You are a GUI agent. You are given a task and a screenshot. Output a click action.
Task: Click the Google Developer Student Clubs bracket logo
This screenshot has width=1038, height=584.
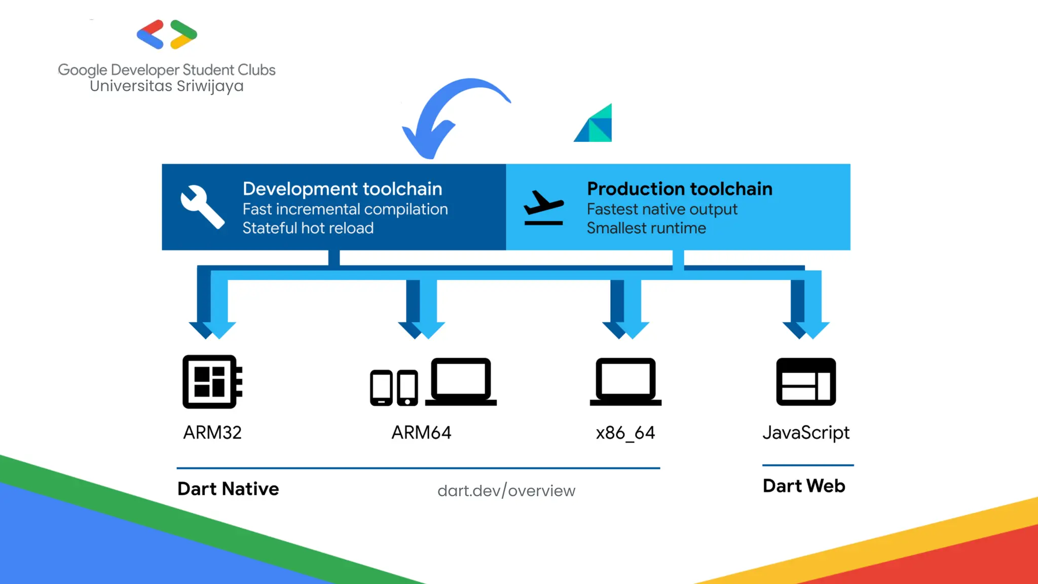167,34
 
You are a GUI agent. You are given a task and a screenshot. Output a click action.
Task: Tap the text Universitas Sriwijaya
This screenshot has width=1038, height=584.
167,86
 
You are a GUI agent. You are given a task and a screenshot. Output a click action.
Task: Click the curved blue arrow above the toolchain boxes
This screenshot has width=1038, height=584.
446,114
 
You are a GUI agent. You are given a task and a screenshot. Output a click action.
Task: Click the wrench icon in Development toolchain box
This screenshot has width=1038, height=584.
201,206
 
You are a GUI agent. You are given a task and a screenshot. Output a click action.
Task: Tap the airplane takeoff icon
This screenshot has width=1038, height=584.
543,207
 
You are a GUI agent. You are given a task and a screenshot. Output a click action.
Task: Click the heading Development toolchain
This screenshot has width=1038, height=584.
342,189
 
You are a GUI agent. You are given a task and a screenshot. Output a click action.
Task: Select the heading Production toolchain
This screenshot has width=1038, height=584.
679,189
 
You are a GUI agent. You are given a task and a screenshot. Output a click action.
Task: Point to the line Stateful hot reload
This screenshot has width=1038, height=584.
308,228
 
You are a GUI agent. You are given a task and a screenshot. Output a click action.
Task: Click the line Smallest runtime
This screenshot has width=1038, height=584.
646,228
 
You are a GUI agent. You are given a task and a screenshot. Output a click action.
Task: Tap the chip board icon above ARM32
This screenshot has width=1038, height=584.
212,381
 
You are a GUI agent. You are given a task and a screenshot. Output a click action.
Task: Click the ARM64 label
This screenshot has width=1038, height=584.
421,432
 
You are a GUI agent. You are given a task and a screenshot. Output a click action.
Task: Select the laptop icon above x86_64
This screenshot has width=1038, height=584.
625,381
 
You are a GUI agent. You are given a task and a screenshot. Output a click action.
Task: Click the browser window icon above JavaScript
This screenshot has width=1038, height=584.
806,381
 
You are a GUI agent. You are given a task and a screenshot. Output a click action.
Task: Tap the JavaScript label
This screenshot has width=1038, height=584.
806,432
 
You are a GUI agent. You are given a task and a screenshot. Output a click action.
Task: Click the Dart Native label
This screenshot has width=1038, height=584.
228,489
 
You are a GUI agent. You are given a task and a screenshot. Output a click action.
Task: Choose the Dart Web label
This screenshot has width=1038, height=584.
804,486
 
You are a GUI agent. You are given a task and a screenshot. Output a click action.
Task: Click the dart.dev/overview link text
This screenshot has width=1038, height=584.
506,491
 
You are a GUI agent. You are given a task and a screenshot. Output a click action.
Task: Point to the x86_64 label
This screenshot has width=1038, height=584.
625,432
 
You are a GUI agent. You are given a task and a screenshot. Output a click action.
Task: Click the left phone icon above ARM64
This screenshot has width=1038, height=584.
381,388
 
